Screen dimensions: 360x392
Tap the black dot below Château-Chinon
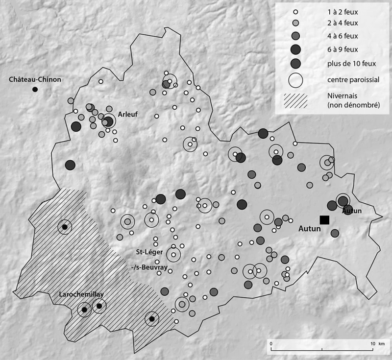click(35, 89)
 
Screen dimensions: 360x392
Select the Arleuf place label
click(128, 114)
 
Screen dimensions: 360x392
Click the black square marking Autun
click(324, 220)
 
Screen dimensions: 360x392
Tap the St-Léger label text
click(149, 253)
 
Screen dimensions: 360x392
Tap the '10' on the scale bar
click(373, 343)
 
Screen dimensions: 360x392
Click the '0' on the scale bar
click(271, 343)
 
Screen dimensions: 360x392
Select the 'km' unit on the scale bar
click(382, 343)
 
